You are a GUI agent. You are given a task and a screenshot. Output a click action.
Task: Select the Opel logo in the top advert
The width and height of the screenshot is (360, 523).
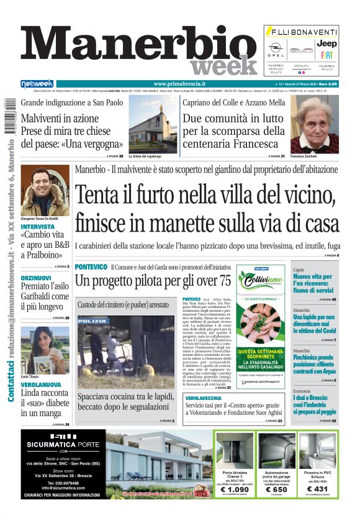point(276,47)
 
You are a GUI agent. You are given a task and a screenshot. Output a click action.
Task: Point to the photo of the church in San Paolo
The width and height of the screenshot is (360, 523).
point(152,123)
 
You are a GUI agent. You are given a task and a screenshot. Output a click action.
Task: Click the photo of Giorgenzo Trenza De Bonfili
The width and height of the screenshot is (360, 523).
point(45,191)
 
